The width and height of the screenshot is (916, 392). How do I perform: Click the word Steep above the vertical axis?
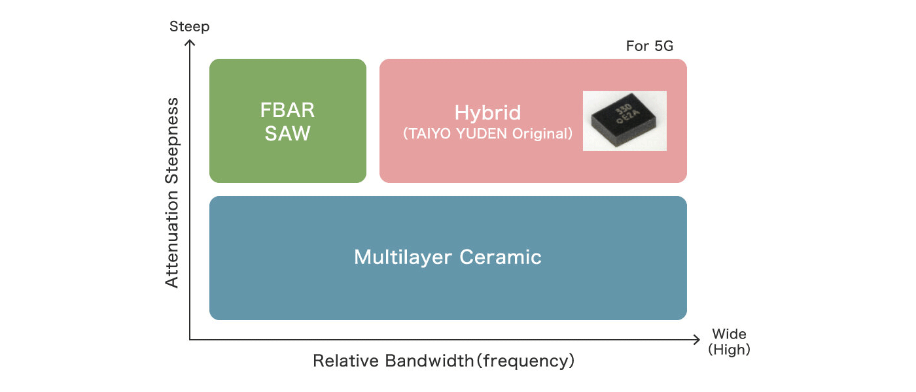[189, 27]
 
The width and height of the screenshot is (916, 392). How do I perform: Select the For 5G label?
[650, 46]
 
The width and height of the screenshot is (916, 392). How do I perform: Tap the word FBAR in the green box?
[287, 110]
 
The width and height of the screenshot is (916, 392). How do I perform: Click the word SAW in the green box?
[287, 134]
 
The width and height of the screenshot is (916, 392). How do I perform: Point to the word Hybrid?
[487, 112]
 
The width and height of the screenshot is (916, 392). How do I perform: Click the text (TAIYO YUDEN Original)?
[487, 134]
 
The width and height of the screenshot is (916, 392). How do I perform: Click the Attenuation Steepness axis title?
[171, 193]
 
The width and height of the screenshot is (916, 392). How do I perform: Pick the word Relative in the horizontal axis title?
[346, 361]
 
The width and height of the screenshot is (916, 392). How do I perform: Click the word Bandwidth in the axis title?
[429, 361]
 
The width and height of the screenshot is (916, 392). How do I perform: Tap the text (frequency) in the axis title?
[525, 361]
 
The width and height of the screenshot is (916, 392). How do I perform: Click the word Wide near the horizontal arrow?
[729, 334]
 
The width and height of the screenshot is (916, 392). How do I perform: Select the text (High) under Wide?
[729, 350]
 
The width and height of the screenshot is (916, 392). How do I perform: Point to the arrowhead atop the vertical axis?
[190, 44]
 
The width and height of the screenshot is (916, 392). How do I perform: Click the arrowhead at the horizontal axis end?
[696, 340]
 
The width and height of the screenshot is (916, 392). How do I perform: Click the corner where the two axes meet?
[190, 340]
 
